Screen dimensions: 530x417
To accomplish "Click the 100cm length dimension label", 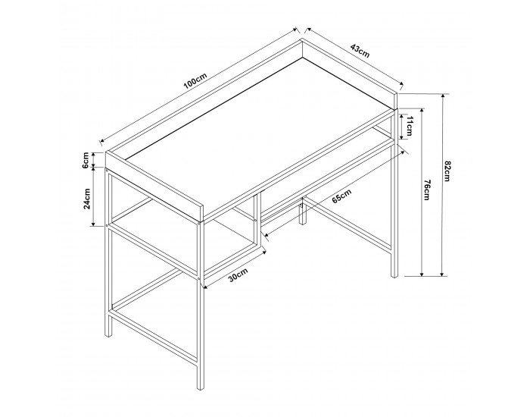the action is click(195, 82).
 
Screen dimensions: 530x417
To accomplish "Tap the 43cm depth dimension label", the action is click(360, 50).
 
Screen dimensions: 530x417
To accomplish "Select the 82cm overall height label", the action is click(447, 171).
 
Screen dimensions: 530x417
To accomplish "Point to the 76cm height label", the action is click(426, 190).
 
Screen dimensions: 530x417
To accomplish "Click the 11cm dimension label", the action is click(409, 126).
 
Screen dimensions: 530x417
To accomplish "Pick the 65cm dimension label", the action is click(341, 196).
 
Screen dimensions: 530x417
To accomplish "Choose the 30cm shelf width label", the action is click(238, 274).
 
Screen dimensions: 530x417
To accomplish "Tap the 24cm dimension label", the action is click(87, 199).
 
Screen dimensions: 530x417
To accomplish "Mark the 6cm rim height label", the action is click(86, 160).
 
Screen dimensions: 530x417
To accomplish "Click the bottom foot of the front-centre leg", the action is click(201, 388).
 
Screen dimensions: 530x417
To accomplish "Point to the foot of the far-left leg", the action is click(108, 334).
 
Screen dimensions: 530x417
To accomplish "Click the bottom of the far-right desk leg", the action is click(395, 276).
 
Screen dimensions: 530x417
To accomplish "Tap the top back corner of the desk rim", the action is click(301, 39).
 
